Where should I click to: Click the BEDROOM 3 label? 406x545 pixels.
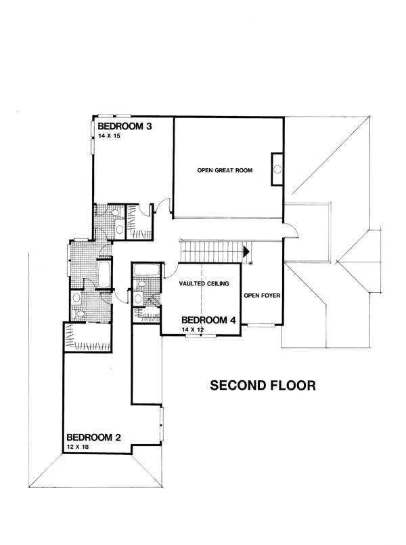pos(124,126)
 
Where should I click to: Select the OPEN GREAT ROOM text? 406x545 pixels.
pos(225,170)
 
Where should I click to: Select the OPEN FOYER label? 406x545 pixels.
pos(262,296)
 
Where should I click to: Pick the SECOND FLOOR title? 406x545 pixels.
pos(263,386)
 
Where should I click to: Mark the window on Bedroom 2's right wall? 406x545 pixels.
pos(161,424)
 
